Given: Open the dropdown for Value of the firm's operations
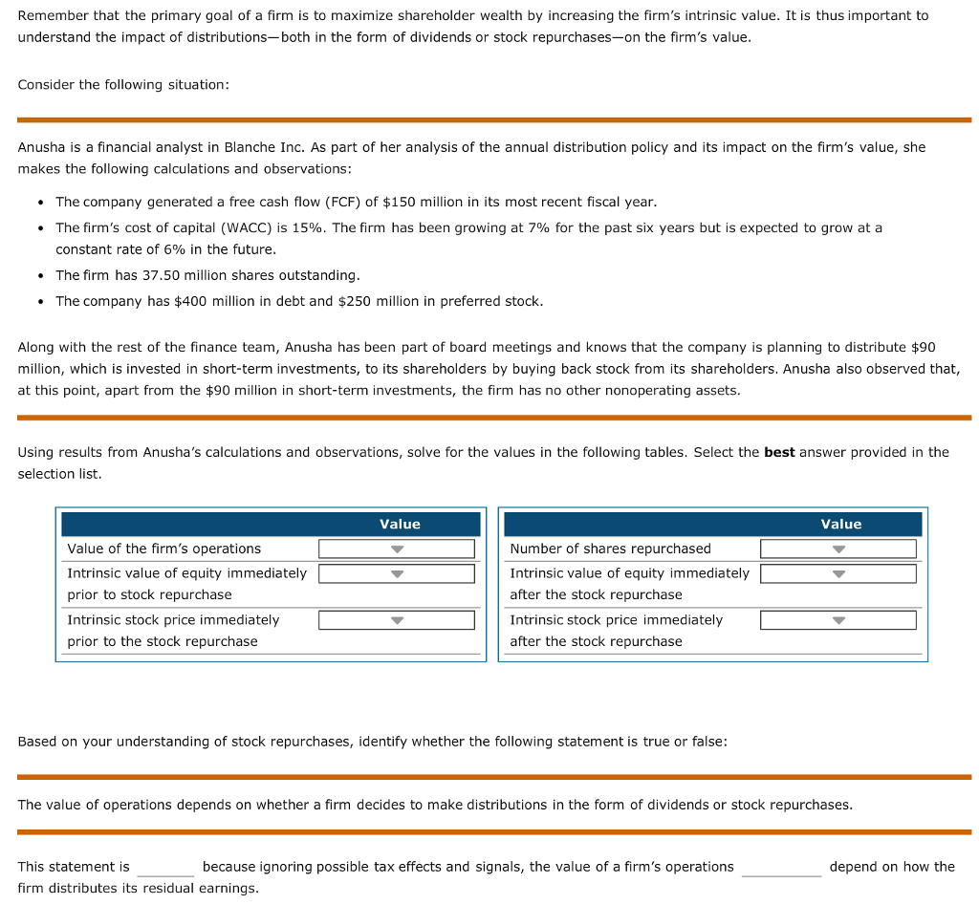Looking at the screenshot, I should [x=397, y=549].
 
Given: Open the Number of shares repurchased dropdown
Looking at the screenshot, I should [x=838, y=549].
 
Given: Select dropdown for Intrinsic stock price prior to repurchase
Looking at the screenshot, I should [x=397, y=620].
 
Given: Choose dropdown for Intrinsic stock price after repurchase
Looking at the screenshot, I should [x=838, y=620].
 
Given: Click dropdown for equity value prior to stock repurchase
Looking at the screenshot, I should [x=397, y=573].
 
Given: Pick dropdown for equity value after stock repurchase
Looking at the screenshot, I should [x=838, y=573].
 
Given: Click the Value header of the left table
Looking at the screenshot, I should [x=400, y=524].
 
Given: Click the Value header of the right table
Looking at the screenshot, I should [x=841, y=524].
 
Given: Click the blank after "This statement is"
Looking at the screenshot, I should [x=165, y=868].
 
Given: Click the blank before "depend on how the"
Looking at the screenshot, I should [x=781, y=868].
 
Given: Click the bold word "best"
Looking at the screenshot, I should [x=779, y=452].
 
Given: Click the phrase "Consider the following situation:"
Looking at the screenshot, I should [x=123, y=85].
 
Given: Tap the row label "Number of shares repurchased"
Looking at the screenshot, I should [x=610, y=549].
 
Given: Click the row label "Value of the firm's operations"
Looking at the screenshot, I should [x=163, y=549].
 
